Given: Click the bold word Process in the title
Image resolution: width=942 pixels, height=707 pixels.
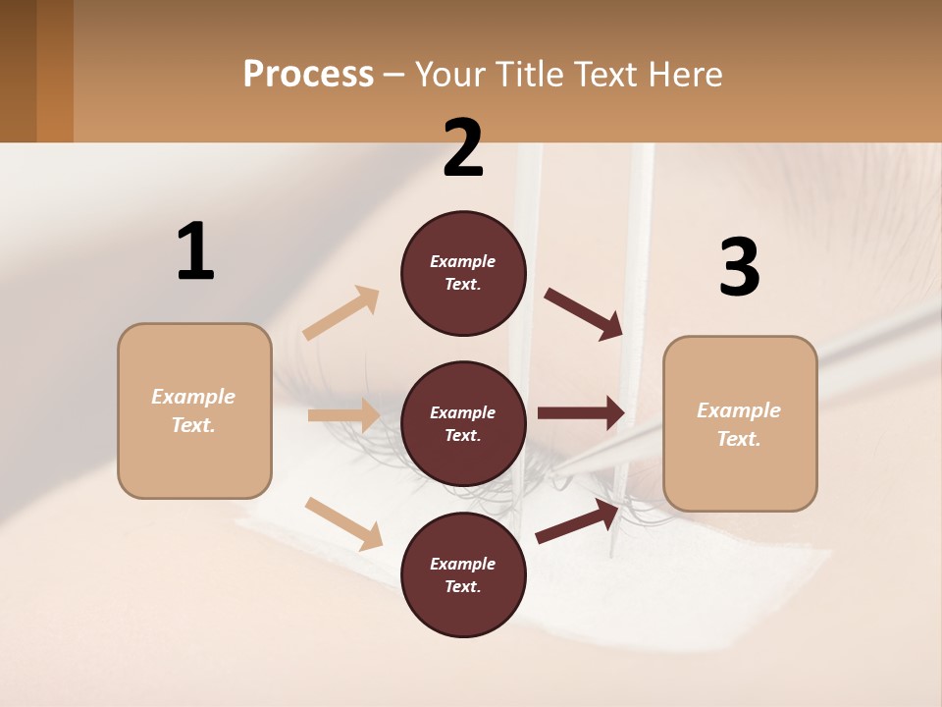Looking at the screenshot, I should click(308, 75).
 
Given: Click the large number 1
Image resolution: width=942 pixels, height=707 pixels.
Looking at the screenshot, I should click(195, 251).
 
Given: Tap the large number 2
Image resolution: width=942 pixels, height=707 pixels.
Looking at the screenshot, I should click(463, 148).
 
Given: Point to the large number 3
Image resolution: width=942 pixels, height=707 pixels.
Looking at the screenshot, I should click(739, 267).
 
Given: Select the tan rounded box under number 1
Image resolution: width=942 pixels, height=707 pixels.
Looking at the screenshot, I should click(194, 410).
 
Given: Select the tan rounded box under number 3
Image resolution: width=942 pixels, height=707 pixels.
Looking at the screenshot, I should click(740, 423).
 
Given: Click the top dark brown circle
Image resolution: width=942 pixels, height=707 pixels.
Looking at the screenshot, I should click(463, 273).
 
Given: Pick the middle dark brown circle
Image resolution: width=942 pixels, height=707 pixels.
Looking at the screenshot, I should click(463, 423).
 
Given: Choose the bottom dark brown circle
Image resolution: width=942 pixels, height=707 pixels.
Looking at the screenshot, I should click(463, 574).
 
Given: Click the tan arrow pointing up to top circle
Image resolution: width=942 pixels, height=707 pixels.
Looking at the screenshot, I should click(341, 313).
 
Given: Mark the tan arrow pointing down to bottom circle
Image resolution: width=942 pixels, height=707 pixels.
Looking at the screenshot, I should click(343, 522).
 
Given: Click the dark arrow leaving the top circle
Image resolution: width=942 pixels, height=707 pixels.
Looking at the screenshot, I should click(584, 314).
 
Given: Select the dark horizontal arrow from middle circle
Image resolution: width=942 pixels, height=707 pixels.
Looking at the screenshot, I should click(581, 413).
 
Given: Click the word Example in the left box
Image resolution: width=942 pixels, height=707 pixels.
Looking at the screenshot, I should click(193, 397).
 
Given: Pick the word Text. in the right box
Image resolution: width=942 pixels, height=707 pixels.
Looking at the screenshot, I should click(739, 439).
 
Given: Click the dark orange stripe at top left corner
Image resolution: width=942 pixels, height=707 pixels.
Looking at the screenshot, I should click(55, 71).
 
